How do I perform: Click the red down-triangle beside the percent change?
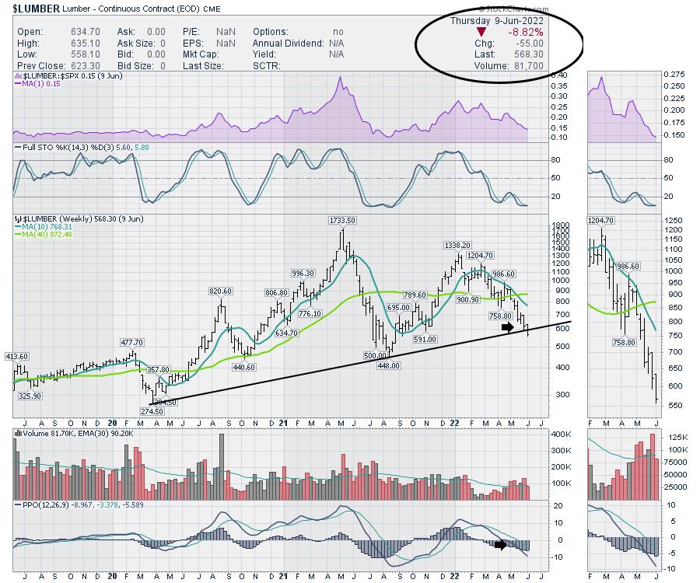(x=481, y=32)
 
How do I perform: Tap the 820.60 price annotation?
(x=221, y=291)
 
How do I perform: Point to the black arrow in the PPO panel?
(x=502, y=544)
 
